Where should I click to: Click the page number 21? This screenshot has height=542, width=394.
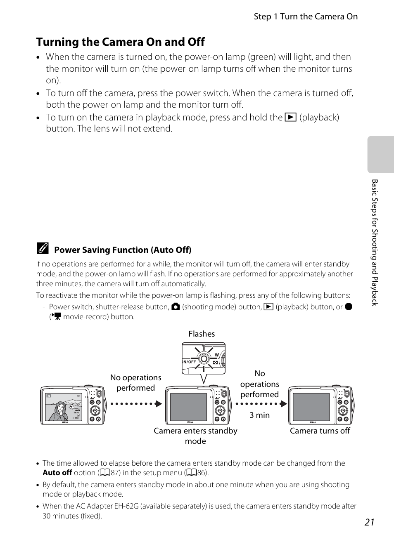click(x=369, y=522)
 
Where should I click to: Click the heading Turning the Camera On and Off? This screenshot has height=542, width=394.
click(x=121, y=42)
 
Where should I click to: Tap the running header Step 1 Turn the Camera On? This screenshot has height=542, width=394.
click(x=306, y=16)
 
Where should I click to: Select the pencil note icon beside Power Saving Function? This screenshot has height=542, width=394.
click(x=43, y=248)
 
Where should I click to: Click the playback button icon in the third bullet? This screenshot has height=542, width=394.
click(x=290, y=118)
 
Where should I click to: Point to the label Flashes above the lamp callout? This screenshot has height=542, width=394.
click(x=202, y=334)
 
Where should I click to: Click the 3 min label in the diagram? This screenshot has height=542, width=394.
click(x=259, y=415)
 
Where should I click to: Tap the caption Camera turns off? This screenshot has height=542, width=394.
click(x=320, y=431)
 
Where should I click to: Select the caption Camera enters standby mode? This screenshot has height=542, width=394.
click(x=195, y=436)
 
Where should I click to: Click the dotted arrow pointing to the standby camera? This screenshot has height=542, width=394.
click(x=136, y=403)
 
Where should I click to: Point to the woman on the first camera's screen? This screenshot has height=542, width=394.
click(x=59, y=411)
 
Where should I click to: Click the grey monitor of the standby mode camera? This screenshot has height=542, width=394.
click(x=188, y=407)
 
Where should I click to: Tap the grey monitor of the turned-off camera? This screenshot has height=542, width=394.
click(x=311, y=407)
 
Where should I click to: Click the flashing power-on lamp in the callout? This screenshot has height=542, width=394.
click(x=204, y=358)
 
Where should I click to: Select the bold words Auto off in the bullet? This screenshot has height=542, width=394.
click(x=57, y=473)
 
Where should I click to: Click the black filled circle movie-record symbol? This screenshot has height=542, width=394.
click(x=349, y=306)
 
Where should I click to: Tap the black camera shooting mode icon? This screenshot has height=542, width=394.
click(x=176, y=307)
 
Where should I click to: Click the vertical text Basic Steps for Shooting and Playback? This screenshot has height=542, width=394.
click(x=375, y=243)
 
